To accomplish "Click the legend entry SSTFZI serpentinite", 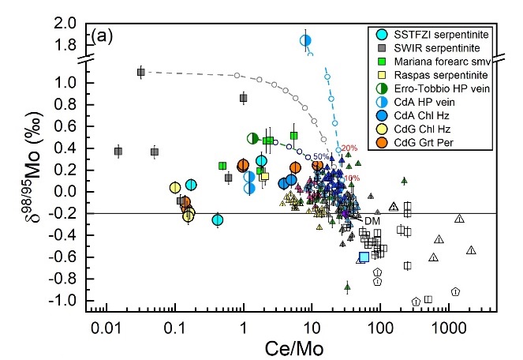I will [x=435, y=35].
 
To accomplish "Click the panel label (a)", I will [x=103, y=35].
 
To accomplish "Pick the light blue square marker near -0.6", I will [x=364, y=257].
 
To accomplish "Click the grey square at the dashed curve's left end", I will [x=141, y=72].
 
